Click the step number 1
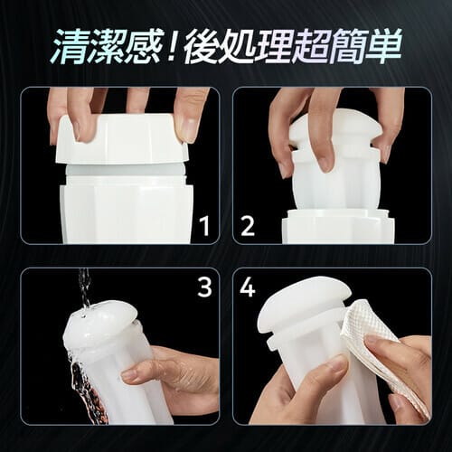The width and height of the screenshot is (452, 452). (x=206, y=227)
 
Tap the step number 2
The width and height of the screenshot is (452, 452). (x=248, y=227)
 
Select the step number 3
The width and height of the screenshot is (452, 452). (x=205, y=287)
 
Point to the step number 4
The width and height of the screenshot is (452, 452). (x=248, y=287)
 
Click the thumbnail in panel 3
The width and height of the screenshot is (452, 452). (x=133, y=374)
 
